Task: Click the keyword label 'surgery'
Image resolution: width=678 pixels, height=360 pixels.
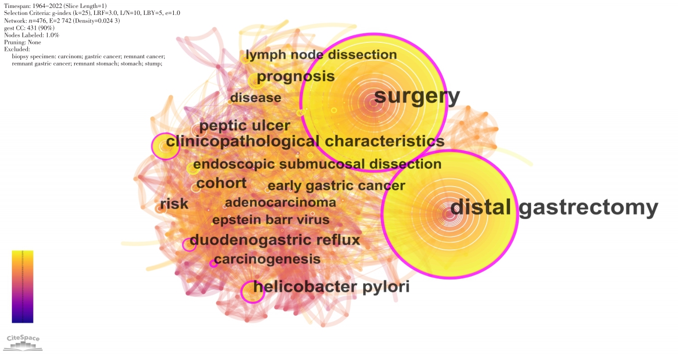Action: pyautogui.click(x=417, y=97)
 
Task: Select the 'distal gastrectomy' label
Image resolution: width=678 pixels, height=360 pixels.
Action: pyautogui.click(x=554, y=208)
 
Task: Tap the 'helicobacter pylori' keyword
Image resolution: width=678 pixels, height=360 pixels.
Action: pyautogui.click(x=331, y=287)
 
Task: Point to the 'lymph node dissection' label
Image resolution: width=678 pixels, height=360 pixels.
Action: pyautogui.click(x=321, y=55)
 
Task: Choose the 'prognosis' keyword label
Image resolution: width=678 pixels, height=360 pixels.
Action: pyautogui.click(x=295, y=77)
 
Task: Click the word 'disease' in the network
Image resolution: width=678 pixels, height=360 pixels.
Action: pyautogui.click(x=256, y=98)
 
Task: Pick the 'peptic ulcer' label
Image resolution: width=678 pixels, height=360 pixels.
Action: pyautogui.click(x=245, y=125)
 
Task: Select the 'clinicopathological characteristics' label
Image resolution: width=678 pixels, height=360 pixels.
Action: pyautogui.click(x=305, y=141)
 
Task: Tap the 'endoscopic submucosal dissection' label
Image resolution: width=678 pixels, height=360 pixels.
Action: pyautogui.click(x=317, y=164)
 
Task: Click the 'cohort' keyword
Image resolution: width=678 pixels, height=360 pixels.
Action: pyautogui.click(x=221, y=183)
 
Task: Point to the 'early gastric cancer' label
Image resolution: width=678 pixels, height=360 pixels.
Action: pyautogui.click(x=336, y=186)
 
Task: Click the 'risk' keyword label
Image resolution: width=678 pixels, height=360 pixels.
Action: pyautogui.click(x=174, y=204)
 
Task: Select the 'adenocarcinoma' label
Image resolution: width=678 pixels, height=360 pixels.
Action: pyautogui.click(x=280, y=203)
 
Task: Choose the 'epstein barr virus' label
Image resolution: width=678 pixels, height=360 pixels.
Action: pyautogui.click(x=271, y=220)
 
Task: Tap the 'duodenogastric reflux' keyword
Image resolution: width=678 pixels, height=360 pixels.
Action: pyautogui.click(x=274, y=240)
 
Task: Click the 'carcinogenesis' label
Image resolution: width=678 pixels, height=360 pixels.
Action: pyautogui.click(x=267, y=259)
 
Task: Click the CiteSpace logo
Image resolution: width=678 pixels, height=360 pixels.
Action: pyautogui.click(x=23, y=342)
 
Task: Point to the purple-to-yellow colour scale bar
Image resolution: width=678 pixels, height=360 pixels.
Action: pyautogui.click(x=22, y=286)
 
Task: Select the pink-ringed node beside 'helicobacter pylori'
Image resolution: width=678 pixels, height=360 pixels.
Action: pyautogui.click(x=252, y=292)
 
